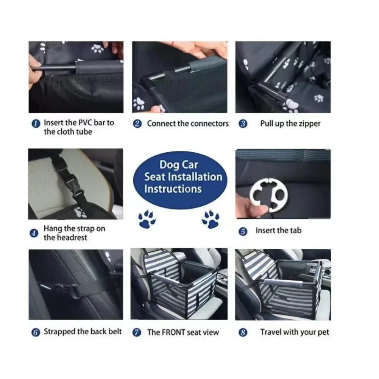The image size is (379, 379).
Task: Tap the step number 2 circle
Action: tap(138, 124)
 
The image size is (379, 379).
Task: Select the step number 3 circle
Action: tap(243, 124)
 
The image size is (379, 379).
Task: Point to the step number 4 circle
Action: tap(34, 233)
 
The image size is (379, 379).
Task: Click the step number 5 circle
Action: tap(243, 231)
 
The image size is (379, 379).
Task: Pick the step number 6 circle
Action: tap(35, 332)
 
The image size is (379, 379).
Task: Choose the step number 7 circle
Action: tap(137, 332)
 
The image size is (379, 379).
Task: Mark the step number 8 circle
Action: tap(243, 332)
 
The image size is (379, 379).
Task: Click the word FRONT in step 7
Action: tap(173, 332)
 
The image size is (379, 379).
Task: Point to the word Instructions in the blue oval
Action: tap(173, 189)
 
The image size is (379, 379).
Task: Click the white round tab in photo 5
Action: tap(270, 193)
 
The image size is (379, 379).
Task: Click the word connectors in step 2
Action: tap(209, 124)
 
